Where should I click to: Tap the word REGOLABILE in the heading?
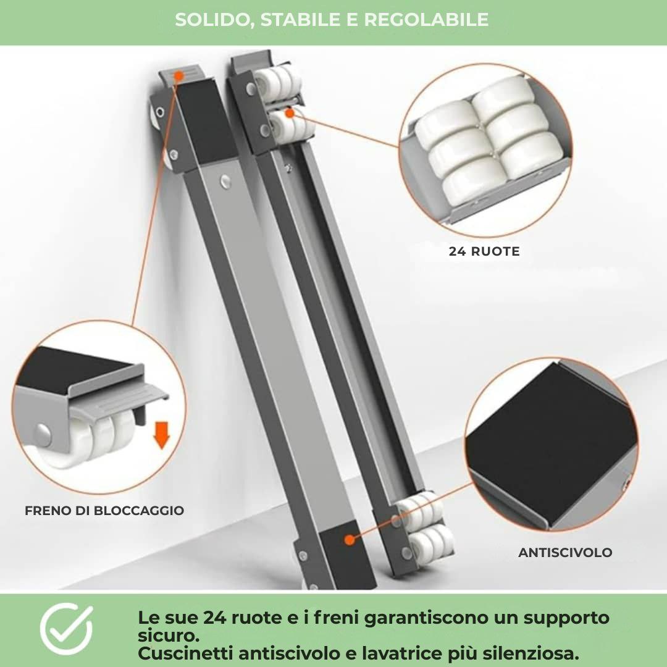point(426,20)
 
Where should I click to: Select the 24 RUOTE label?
point(484,251)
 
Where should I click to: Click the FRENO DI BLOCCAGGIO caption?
point(104,511)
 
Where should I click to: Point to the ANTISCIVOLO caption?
point(565,553)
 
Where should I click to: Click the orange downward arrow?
point(161,435)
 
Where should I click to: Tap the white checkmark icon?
point(66,629)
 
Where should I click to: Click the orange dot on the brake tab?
point(178,76)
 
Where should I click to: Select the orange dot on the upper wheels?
point(289,113)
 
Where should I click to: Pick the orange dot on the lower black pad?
point(349,539)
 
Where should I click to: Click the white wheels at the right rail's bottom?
point(426,525)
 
